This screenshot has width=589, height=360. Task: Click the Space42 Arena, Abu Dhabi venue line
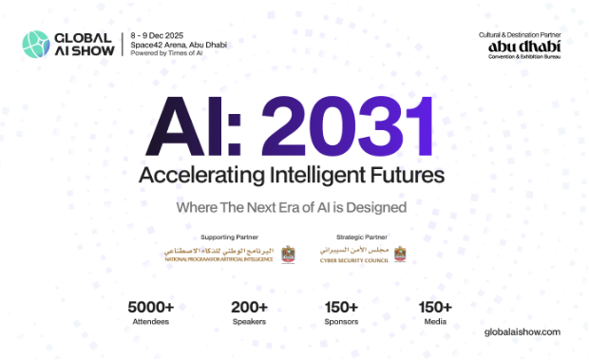click(x=178, y=44)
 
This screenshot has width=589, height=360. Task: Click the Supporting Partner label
click(x=227, y=237)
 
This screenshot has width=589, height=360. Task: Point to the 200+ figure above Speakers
click(x=250, y=308)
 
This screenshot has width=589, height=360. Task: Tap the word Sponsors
click(x=340, y=323)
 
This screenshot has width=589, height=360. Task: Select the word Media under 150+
click(x=436, y=323)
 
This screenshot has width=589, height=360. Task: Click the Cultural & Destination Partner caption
click(x=521, y=34)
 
